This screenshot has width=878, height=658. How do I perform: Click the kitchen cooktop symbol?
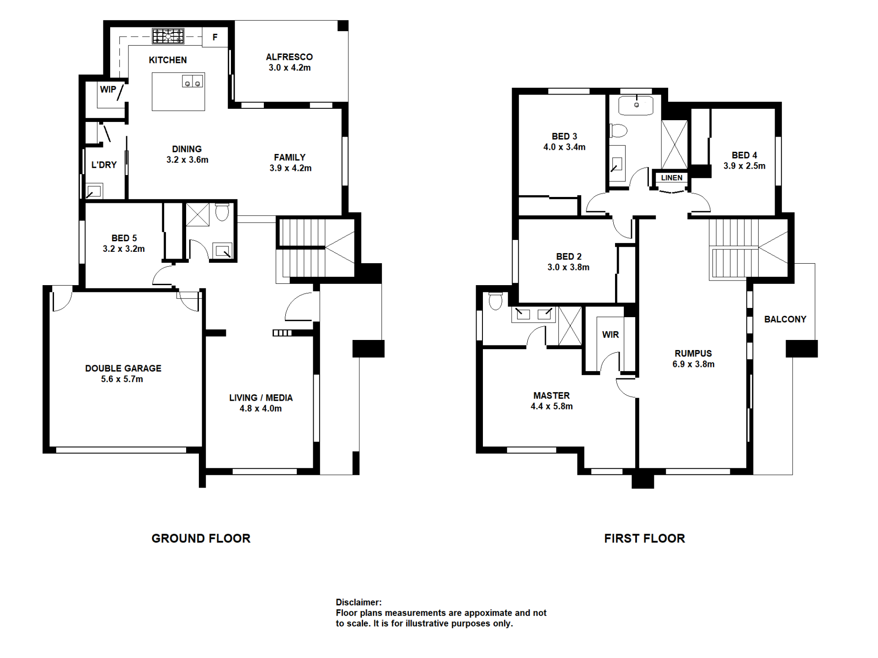(x=168, y=36)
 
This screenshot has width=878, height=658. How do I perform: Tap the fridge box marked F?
(x=215, y=37)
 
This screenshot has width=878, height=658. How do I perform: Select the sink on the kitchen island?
(x=193, y=81)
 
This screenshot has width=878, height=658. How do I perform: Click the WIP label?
(x=108, y=90)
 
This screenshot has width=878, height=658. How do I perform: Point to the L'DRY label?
(x=104, y=165)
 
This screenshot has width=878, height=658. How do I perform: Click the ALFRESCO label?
(x=289, y=57)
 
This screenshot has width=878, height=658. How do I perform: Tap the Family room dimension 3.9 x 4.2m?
(x=290, y=168)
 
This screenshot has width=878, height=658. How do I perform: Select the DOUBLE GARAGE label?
(x=123, y=368)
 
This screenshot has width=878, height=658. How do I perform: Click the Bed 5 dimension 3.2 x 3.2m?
(x=123, y=249)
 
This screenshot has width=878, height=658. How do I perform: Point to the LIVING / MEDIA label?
(x=261, y=398)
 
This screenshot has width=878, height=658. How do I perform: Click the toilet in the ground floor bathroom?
(x=222, y=212)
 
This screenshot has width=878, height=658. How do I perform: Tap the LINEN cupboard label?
(x=671, y=178)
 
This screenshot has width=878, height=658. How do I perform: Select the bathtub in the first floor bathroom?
(x=636, y=105)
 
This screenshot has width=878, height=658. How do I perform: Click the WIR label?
(x=610, y=335)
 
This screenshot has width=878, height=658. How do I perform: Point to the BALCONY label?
(x=785, y=319)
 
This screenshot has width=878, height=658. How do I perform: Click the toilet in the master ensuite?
(x=495, y=301)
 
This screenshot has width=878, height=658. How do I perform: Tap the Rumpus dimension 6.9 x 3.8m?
(x=693, y=364)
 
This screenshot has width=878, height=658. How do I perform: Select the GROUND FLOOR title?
(x=201, y=538)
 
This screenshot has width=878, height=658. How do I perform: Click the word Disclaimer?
(x=359, y=602)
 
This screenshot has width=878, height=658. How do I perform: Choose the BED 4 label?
(x=744, y=155)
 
